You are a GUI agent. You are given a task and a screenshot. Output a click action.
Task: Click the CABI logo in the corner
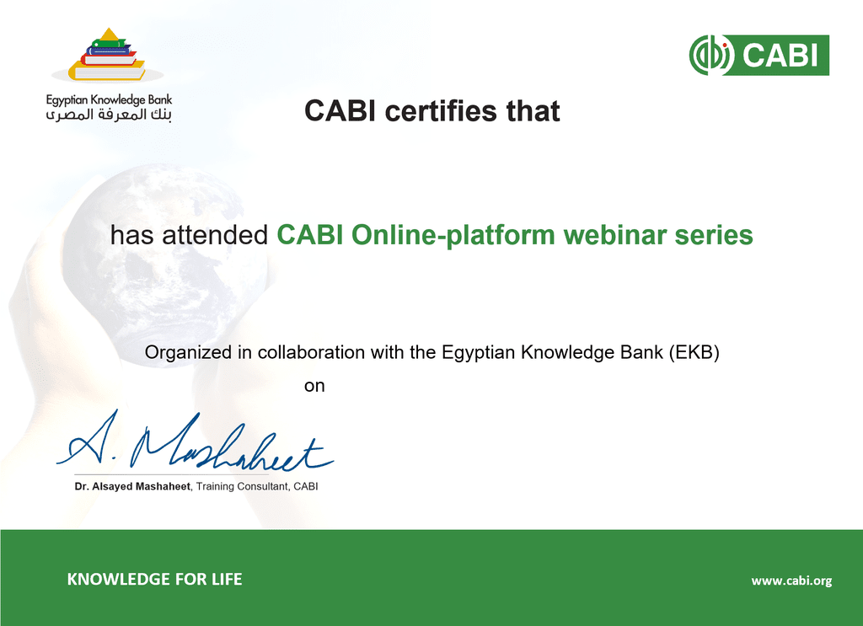[x=759, y=55]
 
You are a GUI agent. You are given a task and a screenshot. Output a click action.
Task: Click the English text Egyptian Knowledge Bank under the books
[x=109, y=99]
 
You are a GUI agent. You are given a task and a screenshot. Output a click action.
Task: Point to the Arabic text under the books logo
[x=109, y=115]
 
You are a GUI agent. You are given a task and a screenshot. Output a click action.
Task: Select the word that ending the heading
[x=533, y=110]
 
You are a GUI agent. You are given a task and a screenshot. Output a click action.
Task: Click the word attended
[x=215, y=235]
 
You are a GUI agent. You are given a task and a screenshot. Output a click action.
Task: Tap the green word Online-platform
[x=453, y=235]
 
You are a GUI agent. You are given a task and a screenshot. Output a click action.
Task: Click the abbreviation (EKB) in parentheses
[x=694, y=352]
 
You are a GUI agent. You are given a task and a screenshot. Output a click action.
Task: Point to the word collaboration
[x=311, y=352]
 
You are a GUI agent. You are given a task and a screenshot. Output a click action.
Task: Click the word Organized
[x=188, y=352]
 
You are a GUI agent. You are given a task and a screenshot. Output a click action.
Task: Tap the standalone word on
[x=314, y=386]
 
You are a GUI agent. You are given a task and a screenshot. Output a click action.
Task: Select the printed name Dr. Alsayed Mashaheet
[x=132, y=486]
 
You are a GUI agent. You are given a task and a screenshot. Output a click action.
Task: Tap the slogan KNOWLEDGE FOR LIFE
[x=155, y=579]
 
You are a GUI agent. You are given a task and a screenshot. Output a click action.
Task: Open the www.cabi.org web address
[x=791, y=581]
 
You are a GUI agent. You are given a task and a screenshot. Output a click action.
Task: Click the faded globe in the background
[x=165, y=264]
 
